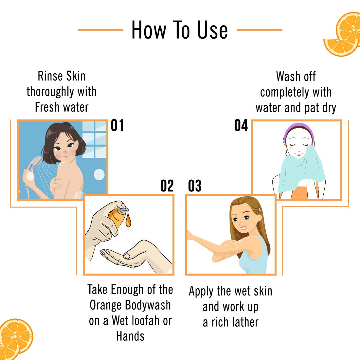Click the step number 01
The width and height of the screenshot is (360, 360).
[x=117, y=125]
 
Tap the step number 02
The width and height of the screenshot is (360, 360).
[x=167, y=186]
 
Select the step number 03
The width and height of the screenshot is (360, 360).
[x=195, y=186]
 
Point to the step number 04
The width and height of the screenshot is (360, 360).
[x=241, y=125]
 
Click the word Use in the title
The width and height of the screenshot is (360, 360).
[x=212, y=30]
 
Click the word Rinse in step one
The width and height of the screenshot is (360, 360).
[x=50, y=76]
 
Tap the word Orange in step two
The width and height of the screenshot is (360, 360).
[x=105, y=305]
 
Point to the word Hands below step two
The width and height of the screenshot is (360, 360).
[x=130, y=336]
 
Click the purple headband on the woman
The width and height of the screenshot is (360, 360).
[x=298, y=129]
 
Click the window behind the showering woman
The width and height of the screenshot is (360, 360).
[x=94, y=140]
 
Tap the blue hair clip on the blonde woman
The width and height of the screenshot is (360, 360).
[x=260, y=209]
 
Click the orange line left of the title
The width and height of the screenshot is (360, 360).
[x=101, y=30]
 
